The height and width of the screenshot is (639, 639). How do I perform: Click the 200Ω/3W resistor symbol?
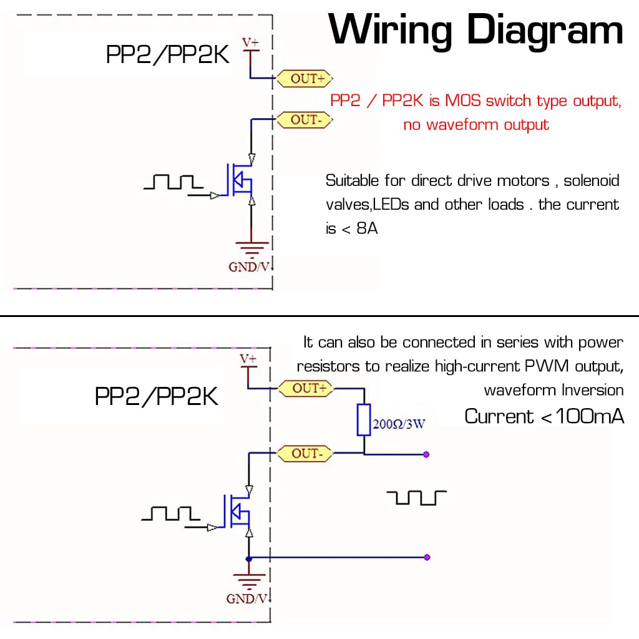pos(363,419)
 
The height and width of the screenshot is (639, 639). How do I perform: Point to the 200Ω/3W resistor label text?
pos(399,424)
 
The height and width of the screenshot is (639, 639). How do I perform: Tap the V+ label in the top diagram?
pos(250,42)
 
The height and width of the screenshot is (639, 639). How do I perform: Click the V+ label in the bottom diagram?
pos(248,359)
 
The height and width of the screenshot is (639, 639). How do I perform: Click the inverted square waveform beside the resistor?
pos(417,497)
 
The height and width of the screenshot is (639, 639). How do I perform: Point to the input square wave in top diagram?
pos(173,182)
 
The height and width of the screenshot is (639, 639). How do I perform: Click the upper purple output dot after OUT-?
pos(426,454)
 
